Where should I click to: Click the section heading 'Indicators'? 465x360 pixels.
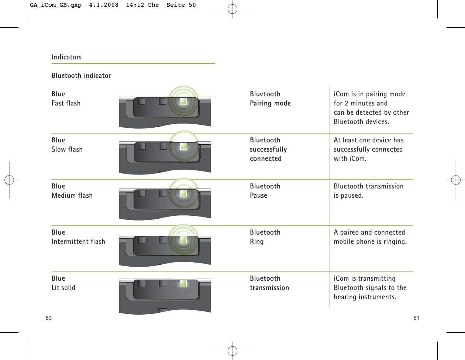[66, 57]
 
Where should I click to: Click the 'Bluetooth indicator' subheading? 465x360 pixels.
[81, 76]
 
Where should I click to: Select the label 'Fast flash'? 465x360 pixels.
[66, 103]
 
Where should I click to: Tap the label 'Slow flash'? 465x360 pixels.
[67, 149]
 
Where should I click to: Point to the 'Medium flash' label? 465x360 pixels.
[72, 195]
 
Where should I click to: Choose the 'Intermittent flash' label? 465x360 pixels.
[78, 242]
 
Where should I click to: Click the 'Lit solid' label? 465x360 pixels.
[63, 288]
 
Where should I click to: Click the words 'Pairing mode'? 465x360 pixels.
[270, 103]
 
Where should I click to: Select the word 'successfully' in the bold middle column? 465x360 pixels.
[268, 149]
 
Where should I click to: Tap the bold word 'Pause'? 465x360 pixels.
[258, 195]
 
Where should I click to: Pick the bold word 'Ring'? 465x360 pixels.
[256, 242]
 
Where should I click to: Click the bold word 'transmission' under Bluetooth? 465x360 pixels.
[269, 288]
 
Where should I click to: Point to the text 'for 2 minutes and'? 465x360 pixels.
[361, 103]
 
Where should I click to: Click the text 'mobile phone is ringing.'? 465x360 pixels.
[370, 242]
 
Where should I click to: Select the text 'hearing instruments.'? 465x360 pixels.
[365, 297]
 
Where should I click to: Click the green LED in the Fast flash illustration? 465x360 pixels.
[183, 101]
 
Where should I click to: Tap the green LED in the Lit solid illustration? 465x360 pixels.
[183, 284]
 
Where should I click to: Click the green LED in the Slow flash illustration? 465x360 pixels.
[183, 146]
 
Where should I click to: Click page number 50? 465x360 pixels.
[49, 318]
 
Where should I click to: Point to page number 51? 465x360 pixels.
[416, 318]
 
